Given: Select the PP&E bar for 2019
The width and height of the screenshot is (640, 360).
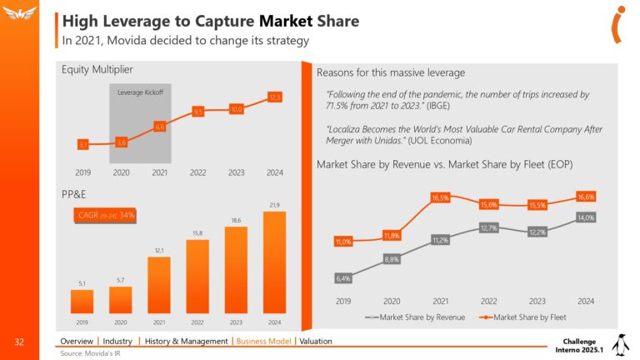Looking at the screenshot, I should click(x=81, y=301).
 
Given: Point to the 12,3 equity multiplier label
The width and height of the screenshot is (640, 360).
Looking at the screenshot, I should click(x=275, y=98).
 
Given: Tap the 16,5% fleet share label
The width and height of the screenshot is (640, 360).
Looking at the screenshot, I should click(x=440, y=198).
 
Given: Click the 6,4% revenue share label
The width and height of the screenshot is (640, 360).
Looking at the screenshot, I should click(x=342, y=278).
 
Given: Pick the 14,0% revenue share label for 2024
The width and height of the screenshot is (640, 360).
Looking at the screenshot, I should click(x=587, y=217).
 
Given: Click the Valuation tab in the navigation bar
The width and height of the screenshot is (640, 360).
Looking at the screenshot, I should click(x=316, y=341).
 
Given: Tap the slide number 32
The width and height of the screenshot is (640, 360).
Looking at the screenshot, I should click(x=18, y=342).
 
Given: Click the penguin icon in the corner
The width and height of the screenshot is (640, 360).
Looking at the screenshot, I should click(x=619, y=344).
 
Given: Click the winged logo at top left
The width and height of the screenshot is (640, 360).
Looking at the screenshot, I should click(x=18, y=15).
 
